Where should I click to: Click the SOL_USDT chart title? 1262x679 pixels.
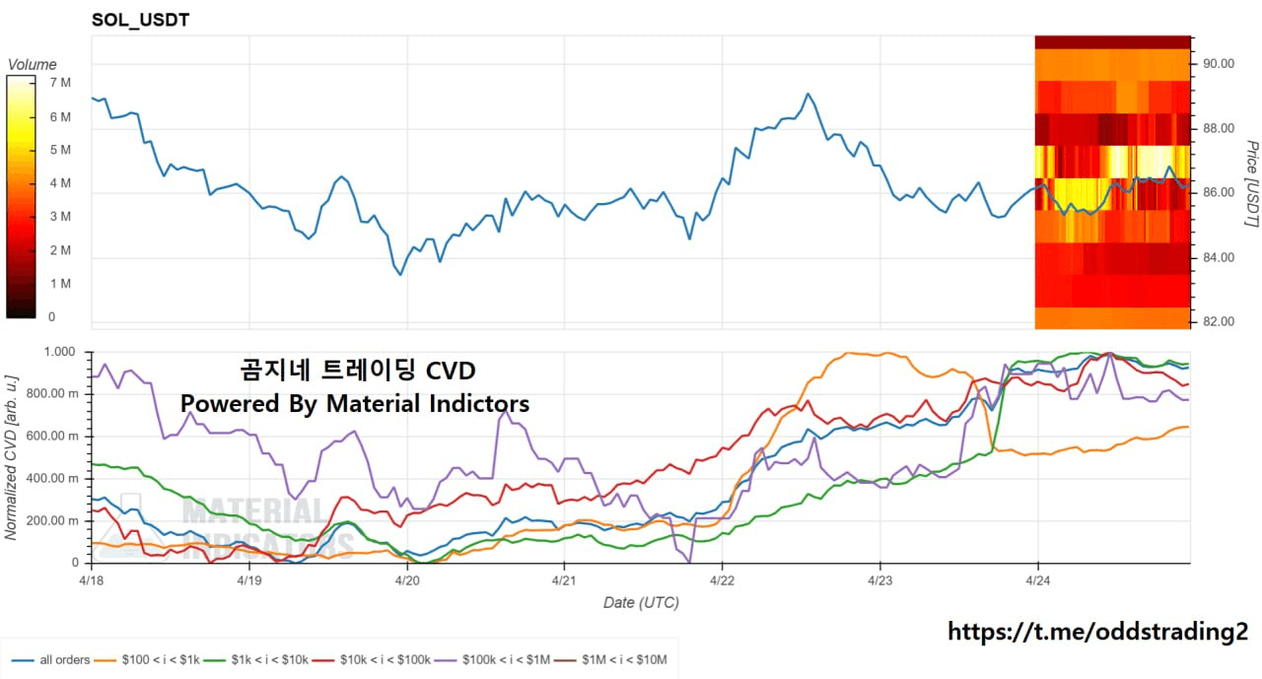(x=140, y=19)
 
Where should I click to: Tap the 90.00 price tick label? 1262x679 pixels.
(x=1219, y=64)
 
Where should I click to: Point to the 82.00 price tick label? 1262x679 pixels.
(x=1219, y=322)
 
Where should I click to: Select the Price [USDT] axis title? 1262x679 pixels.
(x=1250, y=183)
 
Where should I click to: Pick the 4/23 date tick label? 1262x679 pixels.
(x=879, y=581)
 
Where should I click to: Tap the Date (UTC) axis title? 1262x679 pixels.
(x=641, y=602)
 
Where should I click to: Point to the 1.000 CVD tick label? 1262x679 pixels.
(x=59, y=352)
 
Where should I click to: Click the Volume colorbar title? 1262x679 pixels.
(x=33, y=65)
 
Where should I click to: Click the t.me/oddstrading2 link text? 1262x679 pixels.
(x=1098, y=632)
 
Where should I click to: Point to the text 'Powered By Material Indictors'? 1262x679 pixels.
(x=354, y=403)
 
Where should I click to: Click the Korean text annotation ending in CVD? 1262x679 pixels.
(x=358, y=371)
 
